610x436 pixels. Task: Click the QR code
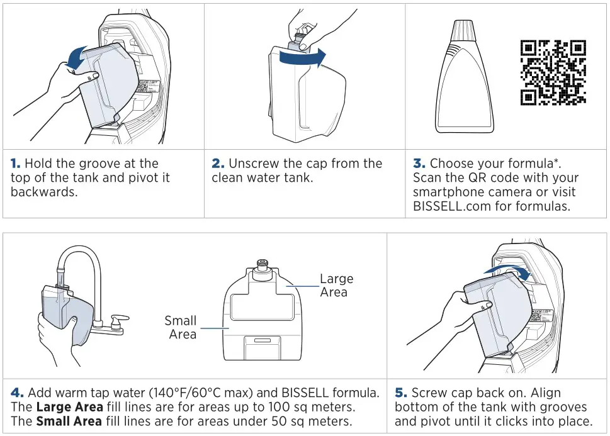tap(553, 72)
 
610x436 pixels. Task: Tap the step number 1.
tap(15, 164)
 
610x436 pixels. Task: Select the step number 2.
tap(218, 164)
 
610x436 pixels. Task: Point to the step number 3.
tap(419, 164)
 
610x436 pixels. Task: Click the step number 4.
tap(16, 393)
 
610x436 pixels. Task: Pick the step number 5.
tap(400, 393)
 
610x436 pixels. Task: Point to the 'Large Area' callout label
tap(336, 285)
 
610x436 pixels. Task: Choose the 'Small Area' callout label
tap(181, 327)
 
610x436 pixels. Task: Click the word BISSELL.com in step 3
tap(448, 206)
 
